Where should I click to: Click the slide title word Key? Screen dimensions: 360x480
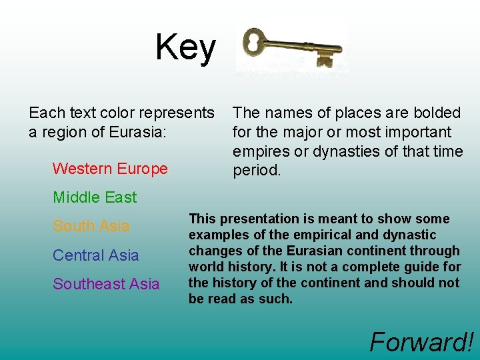[x=185, y=48]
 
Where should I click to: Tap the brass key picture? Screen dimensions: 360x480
[x=291, y=48]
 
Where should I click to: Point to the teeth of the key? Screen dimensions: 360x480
[x=325, y=60]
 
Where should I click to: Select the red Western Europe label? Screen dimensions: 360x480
[x=110, y=169]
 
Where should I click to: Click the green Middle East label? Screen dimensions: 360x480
[x=95, y=197]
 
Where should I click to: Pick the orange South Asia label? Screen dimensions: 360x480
[x=91, y=226]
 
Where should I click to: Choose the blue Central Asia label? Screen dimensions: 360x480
[x=96, y=255]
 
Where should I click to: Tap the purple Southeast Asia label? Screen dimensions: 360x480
[x=106, y=284]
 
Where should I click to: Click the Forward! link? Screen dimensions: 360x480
[x=421, y=342]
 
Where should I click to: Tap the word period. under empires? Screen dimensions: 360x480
[x=257, y=171]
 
